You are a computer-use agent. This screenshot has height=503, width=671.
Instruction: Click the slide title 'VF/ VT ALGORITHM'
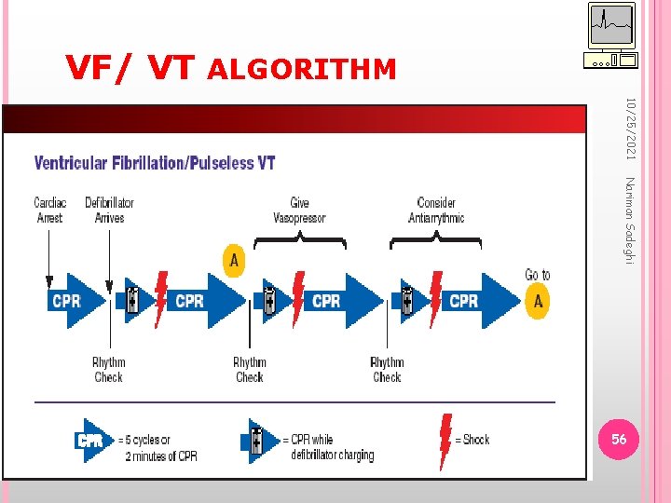coord(230,67)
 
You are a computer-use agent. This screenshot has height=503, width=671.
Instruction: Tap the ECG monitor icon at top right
coord(611,35)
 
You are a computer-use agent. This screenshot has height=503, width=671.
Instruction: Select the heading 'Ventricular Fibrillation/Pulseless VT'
coord(155,163)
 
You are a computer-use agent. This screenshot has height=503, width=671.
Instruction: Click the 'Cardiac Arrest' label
coord(49,210)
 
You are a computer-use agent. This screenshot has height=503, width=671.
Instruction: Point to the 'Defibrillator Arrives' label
coord(109,210)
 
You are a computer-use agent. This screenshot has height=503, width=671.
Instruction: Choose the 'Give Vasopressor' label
coord(299,210)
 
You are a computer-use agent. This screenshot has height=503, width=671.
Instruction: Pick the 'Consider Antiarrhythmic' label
coord(436,210)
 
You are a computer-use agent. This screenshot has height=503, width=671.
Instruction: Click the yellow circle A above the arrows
coord(234,260)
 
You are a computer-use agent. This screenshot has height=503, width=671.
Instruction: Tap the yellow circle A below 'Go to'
coord(537,301)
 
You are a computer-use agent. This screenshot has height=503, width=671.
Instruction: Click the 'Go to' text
coord(537,275)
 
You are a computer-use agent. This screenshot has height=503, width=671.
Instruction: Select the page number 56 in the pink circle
coord(619,440)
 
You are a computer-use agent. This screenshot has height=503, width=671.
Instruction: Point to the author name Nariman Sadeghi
coord(630,220)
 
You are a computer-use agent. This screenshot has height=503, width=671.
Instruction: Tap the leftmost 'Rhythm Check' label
coord(108,370)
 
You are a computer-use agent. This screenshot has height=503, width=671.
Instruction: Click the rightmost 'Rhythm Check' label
coord(387,370)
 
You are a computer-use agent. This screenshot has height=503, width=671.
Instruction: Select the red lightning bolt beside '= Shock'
coord(445,440)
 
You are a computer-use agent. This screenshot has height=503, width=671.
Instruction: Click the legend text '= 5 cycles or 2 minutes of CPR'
coord(157,447)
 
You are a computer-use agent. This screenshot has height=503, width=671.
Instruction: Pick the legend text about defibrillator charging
coord(332,447)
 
